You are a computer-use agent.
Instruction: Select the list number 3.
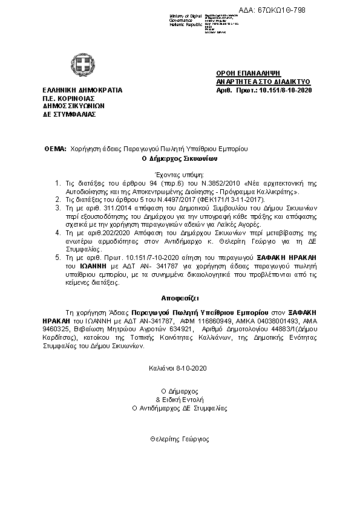[x=57, y=207]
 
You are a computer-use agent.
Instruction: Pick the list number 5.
[x=57, y=257]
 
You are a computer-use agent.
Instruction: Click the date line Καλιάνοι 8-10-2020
[x=178, y=368]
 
